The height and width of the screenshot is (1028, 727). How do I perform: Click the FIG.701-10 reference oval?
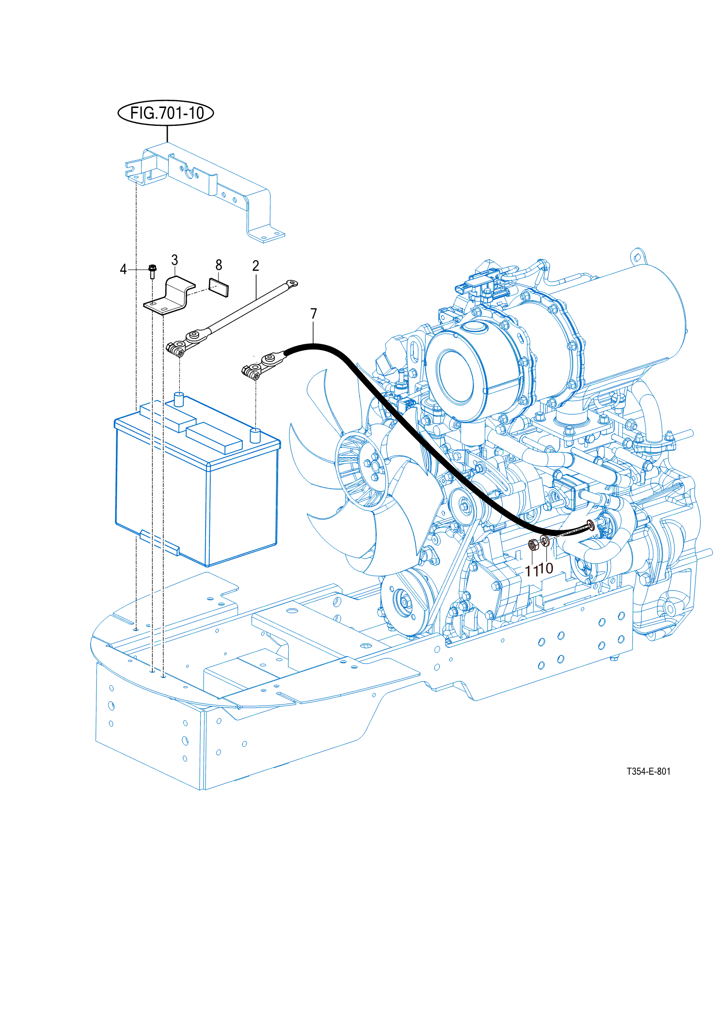(x=166, y=113)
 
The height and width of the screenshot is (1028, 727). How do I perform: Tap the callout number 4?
(x=123, y=269)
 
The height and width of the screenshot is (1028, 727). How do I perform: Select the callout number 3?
(x=174, y=261)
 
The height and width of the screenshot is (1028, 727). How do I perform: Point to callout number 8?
(x=219, y=265)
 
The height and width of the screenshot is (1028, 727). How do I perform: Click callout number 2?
(x=255, y=266)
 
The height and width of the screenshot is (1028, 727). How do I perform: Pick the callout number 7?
(x=314, y=314)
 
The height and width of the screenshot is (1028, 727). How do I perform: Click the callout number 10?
(x=547, y=568)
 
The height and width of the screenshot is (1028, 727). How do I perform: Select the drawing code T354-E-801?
(x=648, y=771)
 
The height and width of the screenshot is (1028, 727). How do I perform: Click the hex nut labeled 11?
(x=533, y=545)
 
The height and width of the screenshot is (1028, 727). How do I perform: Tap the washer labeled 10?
(x=545, y=541)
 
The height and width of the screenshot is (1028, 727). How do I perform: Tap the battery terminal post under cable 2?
(x=179, y=399)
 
